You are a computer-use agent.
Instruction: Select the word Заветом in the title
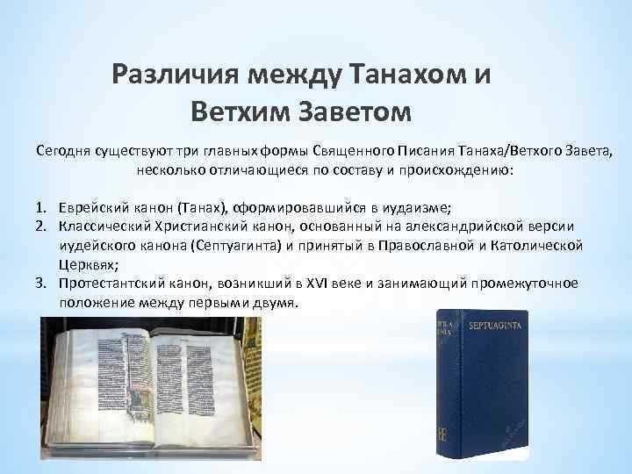355,111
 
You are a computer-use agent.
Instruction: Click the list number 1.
40,207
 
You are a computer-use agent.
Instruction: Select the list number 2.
40,226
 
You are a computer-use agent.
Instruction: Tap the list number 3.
40,283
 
